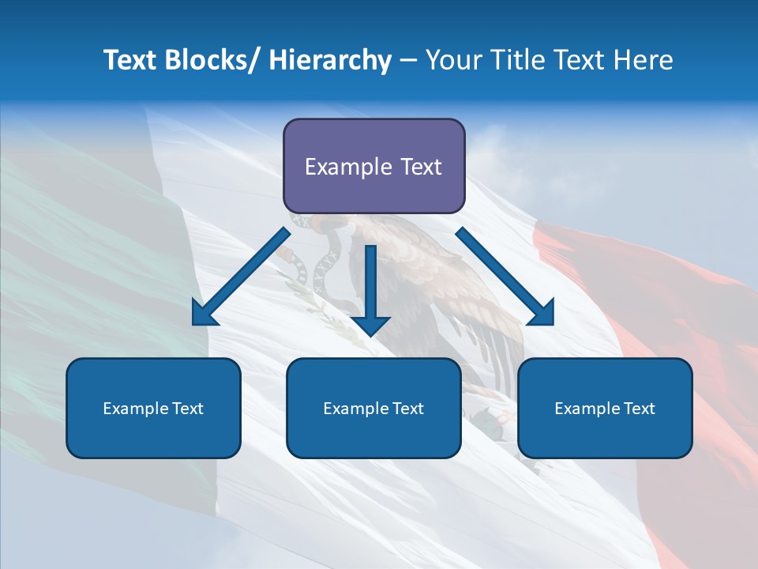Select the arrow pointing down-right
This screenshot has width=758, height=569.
501,273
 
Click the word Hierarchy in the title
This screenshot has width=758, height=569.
330,61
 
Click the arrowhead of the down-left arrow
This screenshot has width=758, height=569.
204,314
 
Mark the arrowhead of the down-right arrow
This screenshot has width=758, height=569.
542,314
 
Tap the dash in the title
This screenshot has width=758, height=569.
408,61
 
